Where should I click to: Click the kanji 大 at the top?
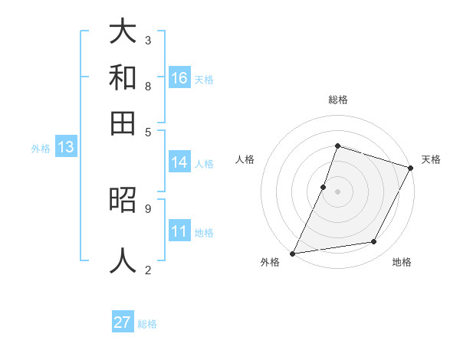[x=123, y=31]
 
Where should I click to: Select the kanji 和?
[x=123, y=77]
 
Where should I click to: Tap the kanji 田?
[x=123, y=123]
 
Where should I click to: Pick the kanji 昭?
[x=123, y=200]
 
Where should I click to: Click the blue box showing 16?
[x=179, y=77]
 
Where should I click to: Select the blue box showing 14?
[x=179, y=162]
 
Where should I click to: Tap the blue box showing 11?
[x=179, y=231]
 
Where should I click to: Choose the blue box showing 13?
[x=65, y=147]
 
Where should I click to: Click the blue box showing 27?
[x=123, y=322]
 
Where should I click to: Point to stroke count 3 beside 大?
[x=148, y=40]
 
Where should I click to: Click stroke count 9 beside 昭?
[x=148, y=208]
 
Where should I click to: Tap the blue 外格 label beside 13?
[x=40, y=149]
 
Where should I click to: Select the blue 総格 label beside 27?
[x=147, y=324]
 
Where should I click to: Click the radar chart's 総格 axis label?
[x=337, y=100]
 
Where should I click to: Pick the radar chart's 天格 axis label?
[x=431, y=159]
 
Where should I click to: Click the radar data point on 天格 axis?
[x=411, y=168]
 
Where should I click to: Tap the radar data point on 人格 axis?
[x=324, y=187]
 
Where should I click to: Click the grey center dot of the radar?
[x=337, y=191]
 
